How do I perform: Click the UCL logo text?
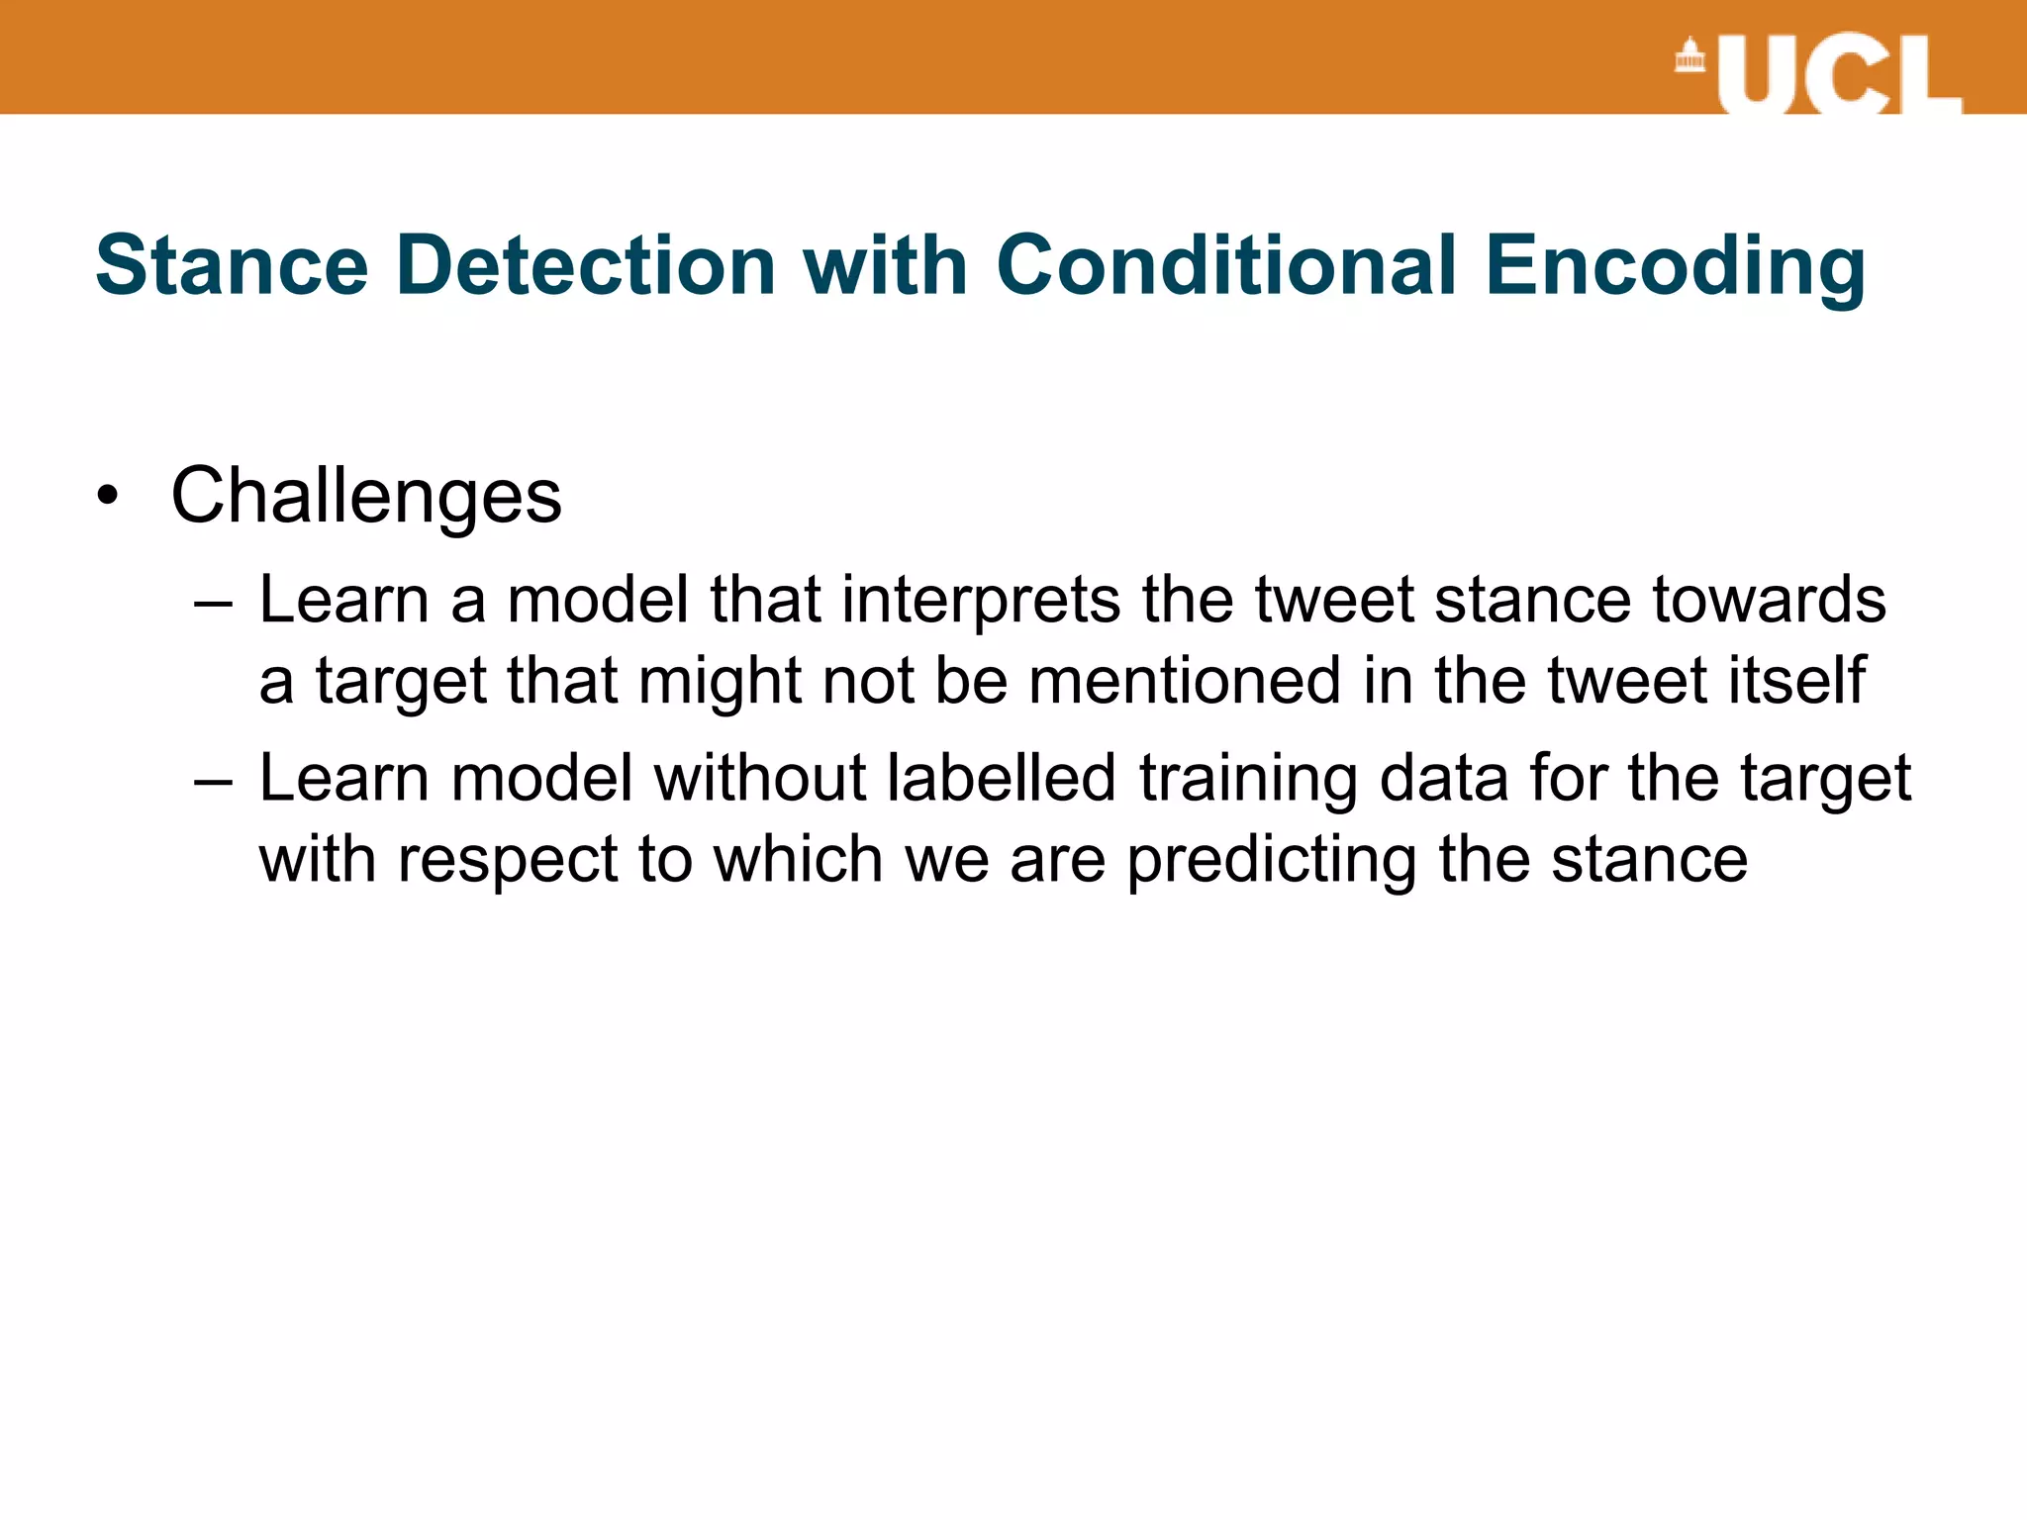click(1839, 75)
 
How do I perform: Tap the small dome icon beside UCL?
click(1689, 56)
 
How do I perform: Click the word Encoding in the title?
click(1675, 267)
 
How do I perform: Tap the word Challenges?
click(366, 497)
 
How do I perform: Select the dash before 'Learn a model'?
click(214, 603)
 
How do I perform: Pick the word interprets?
click(980, 602)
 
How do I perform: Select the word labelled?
click(1002, 778)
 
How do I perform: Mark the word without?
click(760, 778)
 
